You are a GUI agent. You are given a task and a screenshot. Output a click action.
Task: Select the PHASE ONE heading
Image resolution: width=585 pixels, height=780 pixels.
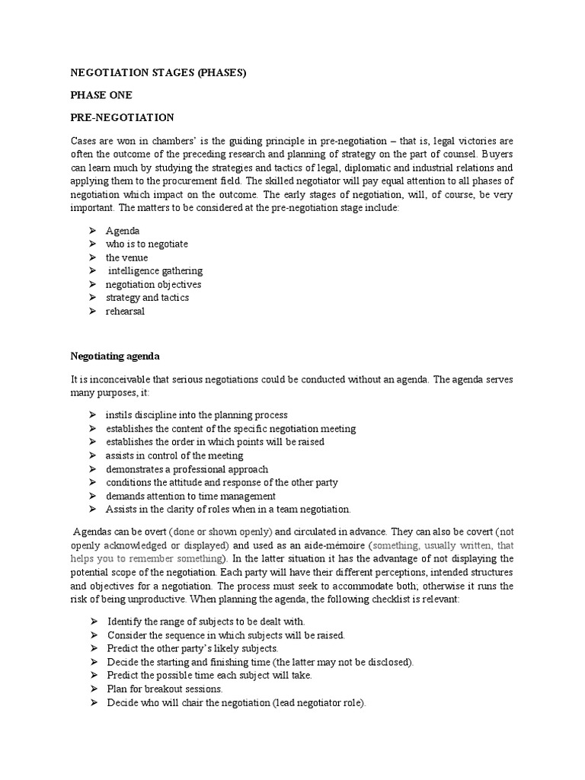click(x=101, y=95)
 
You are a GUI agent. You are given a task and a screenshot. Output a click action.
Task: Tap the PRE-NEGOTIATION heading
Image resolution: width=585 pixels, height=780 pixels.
click(x=123, y=117)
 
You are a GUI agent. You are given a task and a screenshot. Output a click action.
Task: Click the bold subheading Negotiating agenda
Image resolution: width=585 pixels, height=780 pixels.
click(x=116, y=355)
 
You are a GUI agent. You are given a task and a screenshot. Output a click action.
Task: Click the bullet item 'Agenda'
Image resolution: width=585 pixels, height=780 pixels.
click(x=123, y=230)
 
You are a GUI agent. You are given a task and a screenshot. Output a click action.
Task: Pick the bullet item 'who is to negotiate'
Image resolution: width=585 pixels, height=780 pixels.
click(x=146, y=244)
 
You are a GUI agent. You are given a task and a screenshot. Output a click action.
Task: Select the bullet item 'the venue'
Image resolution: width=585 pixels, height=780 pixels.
click(x=126, y=257)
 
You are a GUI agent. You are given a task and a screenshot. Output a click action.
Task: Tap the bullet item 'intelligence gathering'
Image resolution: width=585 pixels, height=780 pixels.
click(x=155, y=270)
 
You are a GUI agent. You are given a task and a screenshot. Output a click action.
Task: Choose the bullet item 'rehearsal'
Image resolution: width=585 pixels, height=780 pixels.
click(x=125, y=312)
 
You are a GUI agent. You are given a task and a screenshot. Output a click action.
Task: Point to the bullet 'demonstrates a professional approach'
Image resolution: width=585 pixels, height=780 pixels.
click(x=187, y=469)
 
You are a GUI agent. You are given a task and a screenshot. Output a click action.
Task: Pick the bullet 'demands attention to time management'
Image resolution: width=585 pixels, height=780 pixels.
click(x=190, y=496)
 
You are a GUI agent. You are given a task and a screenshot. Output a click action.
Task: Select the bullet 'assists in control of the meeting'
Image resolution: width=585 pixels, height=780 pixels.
click(x=174, y=456)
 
